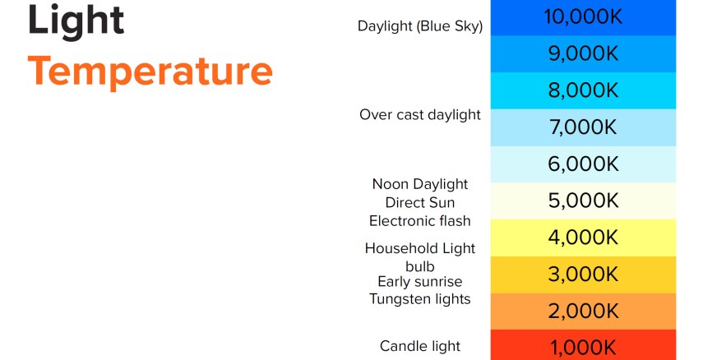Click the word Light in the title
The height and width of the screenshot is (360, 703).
pyautogui.click(x=76, y=21)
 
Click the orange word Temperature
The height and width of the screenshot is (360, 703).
pyautogui.click(x=150, y=72)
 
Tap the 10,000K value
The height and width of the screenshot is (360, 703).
pyautogui.click(x=583, y=17)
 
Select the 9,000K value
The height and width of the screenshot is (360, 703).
pyautogui.click(x=583, y=53)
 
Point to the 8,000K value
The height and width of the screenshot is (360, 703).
pyautogui.click(x=583, y=90)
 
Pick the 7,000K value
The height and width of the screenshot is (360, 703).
pyautogui.click(x=583, y=127)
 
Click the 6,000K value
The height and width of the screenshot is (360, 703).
pyautogui.click(x=583, y=164)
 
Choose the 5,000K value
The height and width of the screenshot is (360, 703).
pyautogui.click(x=583, y=201)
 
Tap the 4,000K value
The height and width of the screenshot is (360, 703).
pyautogui.click(x=583, y=238)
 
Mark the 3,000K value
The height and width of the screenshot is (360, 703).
pyautogui.click(x=583, y=275)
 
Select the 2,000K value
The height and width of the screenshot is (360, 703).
pyautogui.click(x=583, y=312)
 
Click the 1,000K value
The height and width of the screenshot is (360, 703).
pyautogui.click(x=583, y=348)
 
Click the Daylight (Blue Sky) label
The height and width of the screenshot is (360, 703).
pyautogui.click(x=420, y=26)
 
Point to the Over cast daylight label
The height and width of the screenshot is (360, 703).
pyautogui.click(x=420, y=115)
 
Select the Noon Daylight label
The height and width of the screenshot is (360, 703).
pyautogui.click(x=420, y=184)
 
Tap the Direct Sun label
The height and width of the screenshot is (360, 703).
pyautogui.click(x=420, y=203)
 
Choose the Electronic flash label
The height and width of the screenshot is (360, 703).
pyautogui.click(x=420, y=221)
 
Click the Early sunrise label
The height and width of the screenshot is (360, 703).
pyautogui.click(x=420, y=282)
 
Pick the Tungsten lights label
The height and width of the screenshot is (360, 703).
pyautogui.click(x=420, y=299)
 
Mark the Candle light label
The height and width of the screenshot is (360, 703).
pyautogui.click(x=420, y=347)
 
